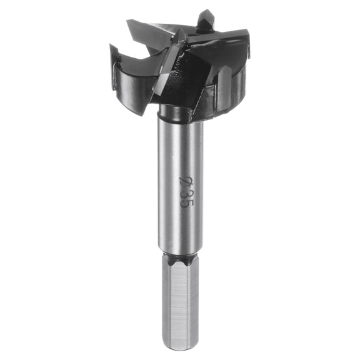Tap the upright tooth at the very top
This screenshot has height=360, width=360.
(206, 19)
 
